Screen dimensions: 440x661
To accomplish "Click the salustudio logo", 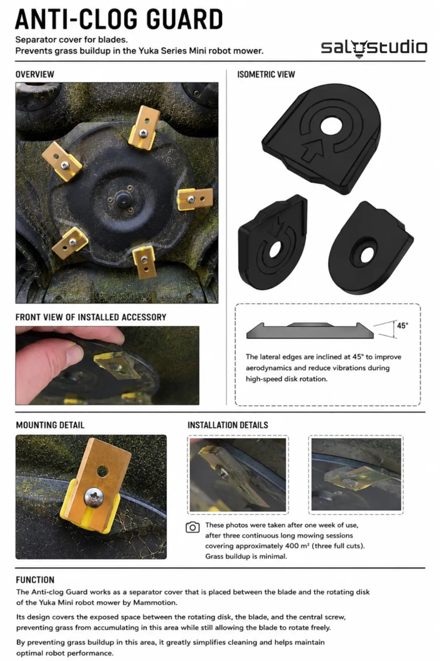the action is point(374,48).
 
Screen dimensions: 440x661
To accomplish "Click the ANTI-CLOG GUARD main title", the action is point(119,19).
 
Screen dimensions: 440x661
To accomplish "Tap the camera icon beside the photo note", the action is point(192,527).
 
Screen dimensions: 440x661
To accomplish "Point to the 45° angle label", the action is point(403,326).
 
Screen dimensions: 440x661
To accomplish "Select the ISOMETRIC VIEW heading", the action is point(266,74).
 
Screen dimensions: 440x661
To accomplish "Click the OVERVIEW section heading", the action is point(35,74).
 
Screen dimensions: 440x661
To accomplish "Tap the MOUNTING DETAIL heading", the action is point(50,425).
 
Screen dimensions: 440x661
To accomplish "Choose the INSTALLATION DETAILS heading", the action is point(228,425).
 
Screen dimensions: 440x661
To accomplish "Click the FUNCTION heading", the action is point(35,580).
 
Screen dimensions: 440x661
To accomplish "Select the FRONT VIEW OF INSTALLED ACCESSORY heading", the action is point(91,317).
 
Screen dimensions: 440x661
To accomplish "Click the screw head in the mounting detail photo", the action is point(94,497).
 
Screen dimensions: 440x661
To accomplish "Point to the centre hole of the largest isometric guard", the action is point(331,127).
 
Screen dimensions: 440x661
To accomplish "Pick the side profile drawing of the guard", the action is point(310,330).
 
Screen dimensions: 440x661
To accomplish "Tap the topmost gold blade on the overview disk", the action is point(144,127).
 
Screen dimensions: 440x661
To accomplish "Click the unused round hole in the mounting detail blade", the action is point(103,471).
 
